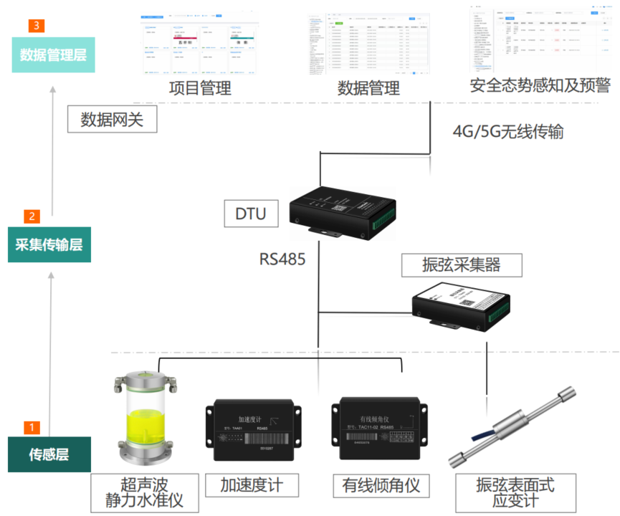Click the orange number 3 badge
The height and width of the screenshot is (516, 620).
(37, 26)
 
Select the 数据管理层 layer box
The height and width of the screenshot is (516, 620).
(53, 54)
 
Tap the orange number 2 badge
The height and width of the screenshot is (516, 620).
(32, 216)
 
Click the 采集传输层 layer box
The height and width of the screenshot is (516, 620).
(49, 244)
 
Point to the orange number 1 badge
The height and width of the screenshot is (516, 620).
(32, 427)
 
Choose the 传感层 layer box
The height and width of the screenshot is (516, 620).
(49, 454)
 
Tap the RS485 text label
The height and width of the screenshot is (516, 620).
(282, 258)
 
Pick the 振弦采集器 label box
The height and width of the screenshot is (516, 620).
(462, 264)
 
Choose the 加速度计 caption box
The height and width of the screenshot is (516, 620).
(250, 485)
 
